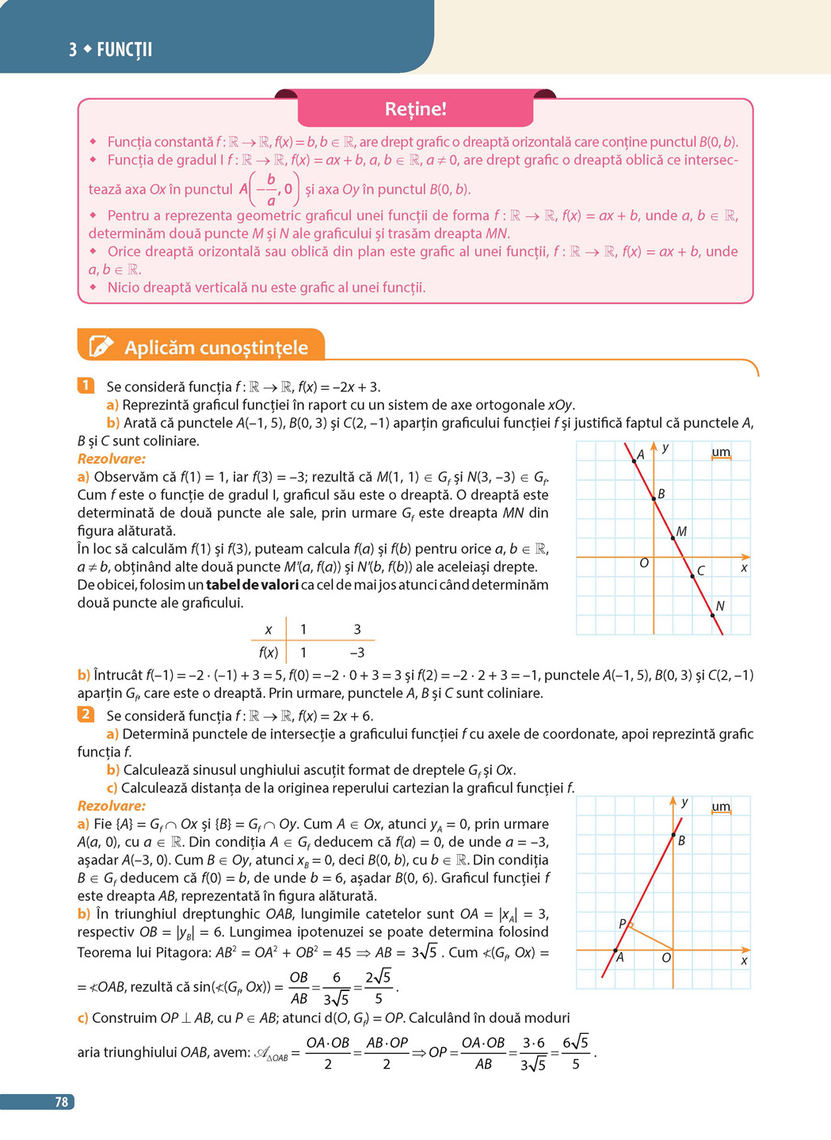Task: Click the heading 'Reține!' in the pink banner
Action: (x=415, y=109)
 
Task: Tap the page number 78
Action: (x=61, y=1102)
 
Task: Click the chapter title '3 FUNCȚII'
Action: (x=110, y=50)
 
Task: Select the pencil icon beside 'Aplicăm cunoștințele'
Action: (x=101, y=346)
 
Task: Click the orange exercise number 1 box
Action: (x=86, y=386)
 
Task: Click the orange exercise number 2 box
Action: (x=86, y=715)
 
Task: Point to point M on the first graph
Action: (x=673, y=538)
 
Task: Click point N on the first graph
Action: (x=712, y=614)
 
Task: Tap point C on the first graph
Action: (x=692, y=576)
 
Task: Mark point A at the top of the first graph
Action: (x=635, y=460)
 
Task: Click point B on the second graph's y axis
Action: (x=673, y=835)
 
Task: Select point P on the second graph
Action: (x=630, y=923)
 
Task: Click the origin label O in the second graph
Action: (x=666, y=959)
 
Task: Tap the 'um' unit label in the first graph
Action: (x=721, y=452)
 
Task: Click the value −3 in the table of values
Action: (x=356, y=653)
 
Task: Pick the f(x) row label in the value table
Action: (x=269, y=653)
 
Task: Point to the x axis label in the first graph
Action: (x=744, y=568)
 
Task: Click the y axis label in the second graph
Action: (x=684, y=803)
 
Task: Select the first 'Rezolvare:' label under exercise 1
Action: (x=112, y=459)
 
